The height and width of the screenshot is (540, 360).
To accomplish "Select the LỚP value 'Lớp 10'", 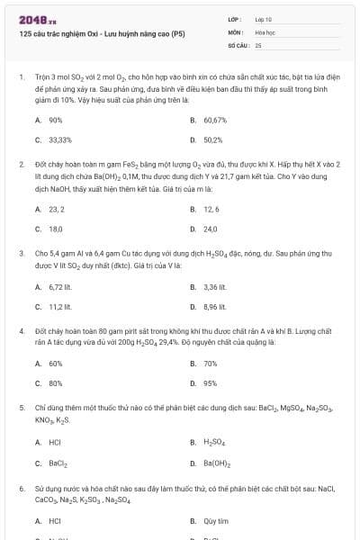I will point(264,18).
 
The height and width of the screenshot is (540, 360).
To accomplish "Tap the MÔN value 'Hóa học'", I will point(265,31).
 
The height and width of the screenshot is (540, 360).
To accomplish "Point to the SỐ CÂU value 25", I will point(258,44).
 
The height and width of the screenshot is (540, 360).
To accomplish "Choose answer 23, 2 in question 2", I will point(57,208).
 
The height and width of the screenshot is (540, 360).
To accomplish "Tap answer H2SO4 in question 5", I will point(213,442).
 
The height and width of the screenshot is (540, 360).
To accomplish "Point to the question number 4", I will point(21,331).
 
